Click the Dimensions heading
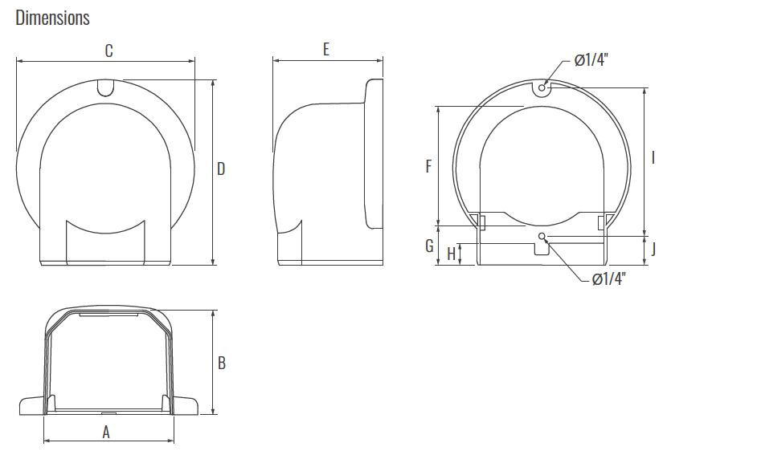pyautogui.click(x=52, y=18)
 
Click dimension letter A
pyautogui.click(x=106, y=432)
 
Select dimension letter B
pyautogui.click(x=222, y=363)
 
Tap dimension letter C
pyautogui.click(x=108, y=51)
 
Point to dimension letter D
pyautogui.click(x=221, y=169)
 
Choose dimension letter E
pyautogui.click(x=325, y=50)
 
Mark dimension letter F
pyautogui.click(x=428, y=166)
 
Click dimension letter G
pyautogui.click(x=429, y=246)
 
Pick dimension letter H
pyautogui.click(x=451, y=254)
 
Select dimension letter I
pyautogui.click(x=653, y=157)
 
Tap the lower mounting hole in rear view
pyautogui.click(x=542, y=236)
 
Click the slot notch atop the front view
pyautogui.click(x=104, y=87)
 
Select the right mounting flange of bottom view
pyautogui.click(x=186, y=406)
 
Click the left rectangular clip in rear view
pyautogui.click(x=479, y=220)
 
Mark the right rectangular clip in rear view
pyautogui.click(x=602, y=221)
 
